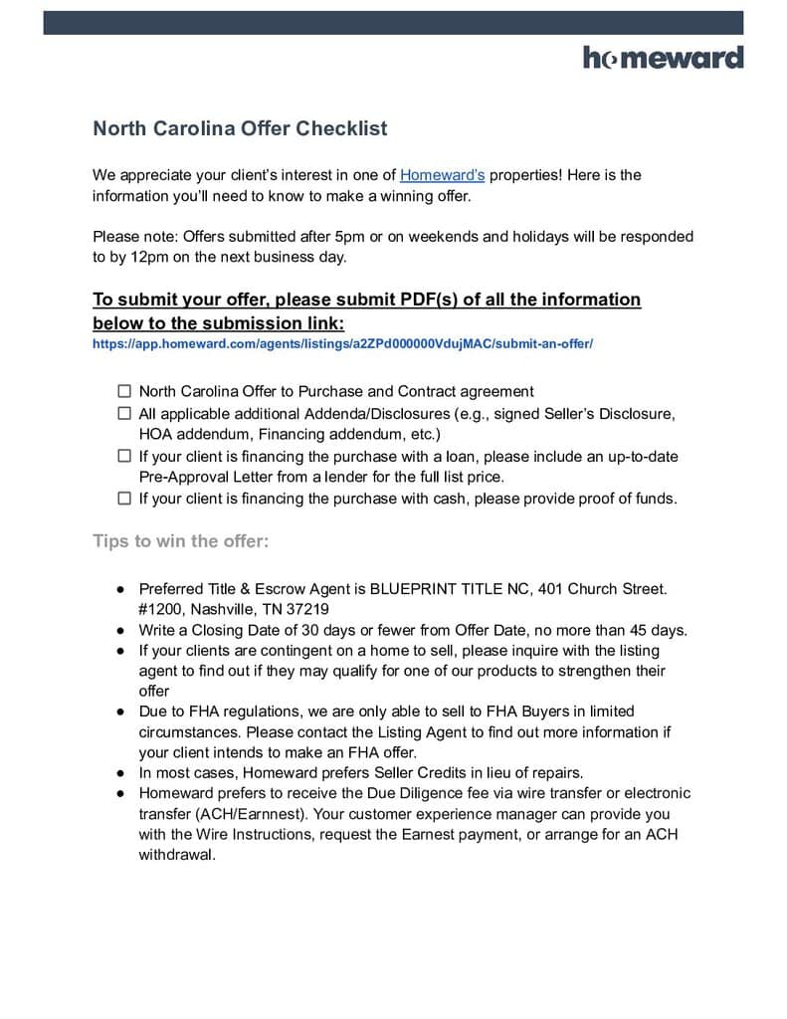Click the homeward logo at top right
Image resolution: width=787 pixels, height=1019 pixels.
[663, 58]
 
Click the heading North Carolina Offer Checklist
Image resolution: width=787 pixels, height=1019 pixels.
[240, 128]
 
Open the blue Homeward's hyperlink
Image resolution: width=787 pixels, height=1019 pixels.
[442, 175]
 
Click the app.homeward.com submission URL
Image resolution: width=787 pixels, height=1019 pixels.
[342, 344]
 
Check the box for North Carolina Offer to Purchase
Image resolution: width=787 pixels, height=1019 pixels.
[124, 392]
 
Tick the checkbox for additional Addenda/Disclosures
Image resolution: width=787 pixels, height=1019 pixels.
[124, 413]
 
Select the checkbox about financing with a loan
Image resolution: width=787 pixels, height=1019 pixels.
[124, 456]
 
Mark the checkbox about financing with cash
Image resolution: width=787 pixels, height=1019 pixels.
[124, 499]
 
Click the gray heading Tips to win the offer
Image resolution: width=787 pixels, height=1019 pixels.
[181, 541]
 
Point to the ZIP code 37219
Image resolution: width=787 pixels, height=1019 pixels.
[309, 609]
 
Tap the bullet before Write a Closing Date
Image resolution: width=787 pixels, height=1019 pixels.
[118, 630]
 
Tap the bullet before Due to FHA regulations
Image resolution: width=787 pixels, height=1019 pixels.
[118, 712]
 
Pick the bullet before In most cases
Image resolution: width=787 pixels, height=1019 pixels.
[118, 772]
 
